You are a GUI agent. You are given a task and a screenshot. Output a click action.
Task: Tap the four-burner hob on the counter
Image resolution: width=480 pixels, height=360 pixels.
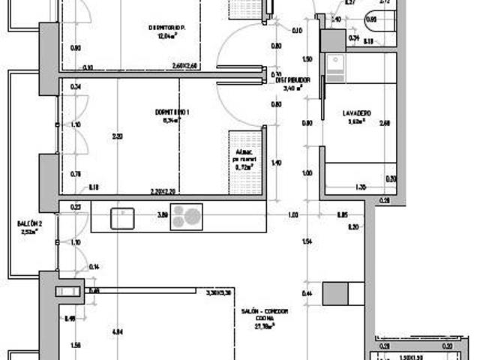[x=187, y=217]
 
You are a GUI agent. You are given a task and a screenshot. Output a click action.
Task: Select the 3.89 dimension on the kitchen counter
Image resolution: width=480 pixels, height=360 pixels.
[x=161, y=215]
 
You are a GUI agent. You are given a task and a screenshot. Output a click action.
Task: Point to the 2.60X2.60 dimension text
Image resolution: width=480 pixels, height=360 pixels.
[x=184, y=66]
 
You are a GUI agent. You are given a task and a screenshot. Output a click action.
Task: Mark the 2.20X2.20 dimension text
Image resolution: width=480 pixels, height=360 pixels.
[x=162, y=191]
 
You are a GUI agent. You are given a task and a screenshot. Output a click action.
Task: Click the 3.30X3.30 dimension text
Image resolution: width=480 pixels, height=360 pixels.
[x=218, y=292]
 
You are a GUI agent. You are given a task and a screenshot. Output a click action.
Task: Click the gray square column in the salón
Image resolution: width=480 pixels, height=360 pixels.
[x=335, y=293]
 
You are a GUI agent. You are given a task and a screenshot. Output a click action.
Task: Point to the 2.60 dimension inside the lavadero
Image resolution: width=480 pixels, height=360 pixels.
[x=384, y=124]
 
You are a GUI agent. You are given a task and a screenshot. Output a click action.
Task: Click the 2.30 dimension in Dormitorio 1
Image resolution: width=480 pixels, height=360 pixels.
[x=116, y=136]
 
